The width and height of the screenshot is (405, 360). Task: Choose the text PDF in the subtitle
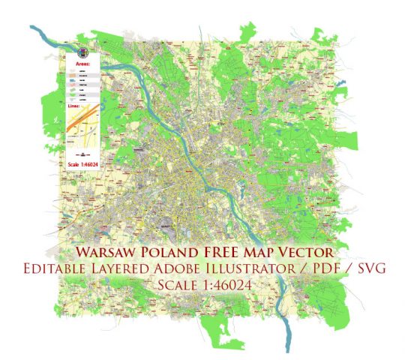click(x=322, y=268)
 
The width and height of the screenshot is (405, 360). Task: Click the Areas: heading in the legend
click(x=83, y=65)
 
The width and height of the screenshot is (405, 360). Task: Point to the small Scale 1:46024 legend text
click(x=83, y=163)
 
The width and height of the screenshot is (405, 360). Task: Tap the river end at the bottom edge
click(x=286, y=349)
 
